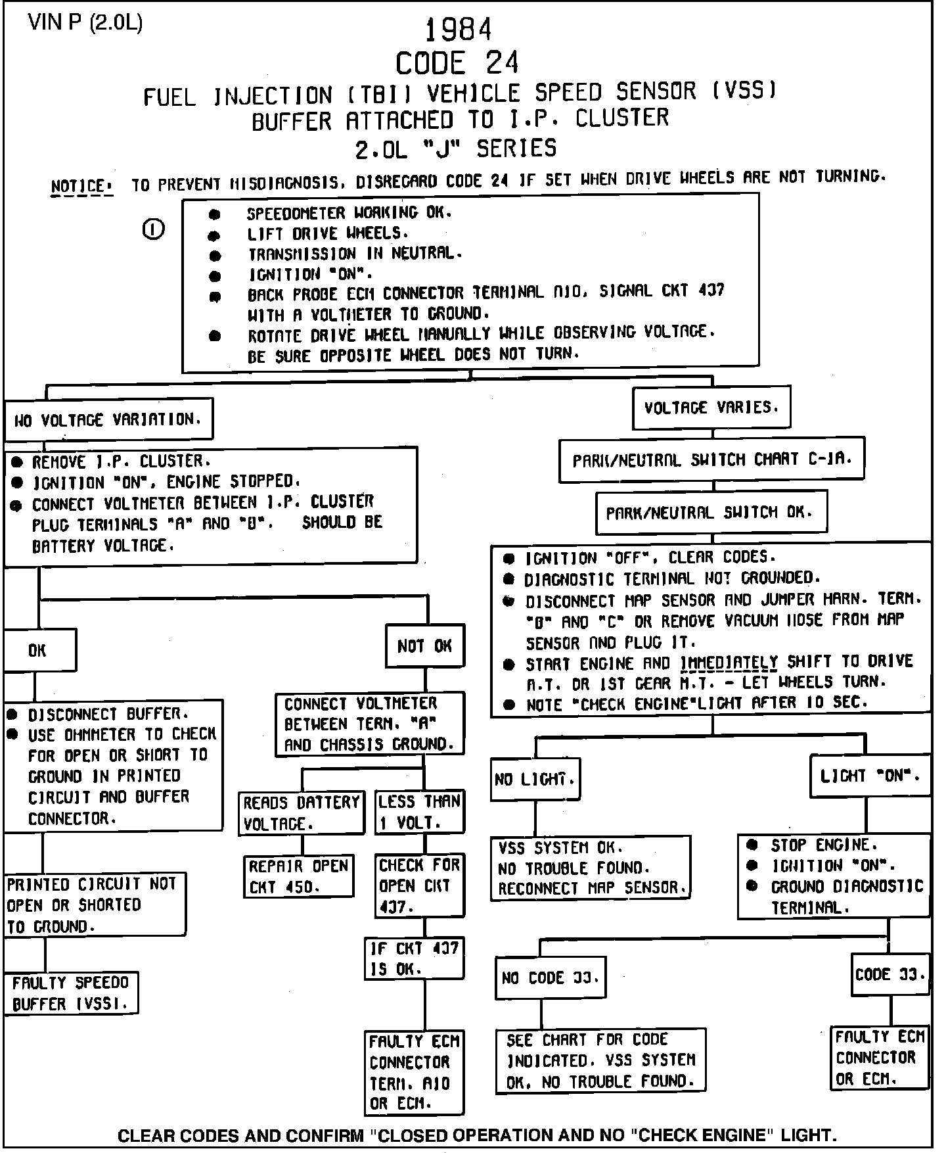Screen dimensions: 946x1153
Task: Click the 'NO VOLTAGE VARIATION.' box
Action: (x=108, y=419)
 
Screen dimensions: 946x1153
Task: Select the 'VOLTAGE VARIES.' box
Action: (x=711, y=408)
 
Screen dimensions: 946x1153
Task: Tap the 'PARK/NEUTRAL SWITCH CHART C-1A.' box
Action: (x=711, y=459)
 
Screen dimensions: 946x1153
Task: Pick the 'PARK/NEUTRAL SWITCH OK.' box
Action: (x=711, y=512)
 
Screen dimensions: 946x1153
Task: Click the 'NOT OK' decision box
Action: (x=424, y=646)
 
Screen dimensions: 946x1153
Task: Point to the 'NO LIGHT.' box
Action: (x=535, y=780)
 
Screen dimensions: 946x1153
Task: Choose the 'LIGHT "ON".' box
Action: (x=870, y=776)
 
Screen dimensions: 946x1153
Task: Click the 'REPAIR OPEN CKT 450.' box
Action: (x=298, y=876)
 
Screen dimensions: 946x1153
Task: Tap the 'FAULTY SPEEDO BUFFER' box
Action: (x=71, y=993)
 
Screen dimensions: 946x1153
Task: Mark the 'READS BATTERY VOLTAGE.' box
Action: (x=302, y=812)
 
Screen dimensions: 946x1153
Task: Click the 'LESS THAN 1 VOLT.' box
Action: (x=419, y=812)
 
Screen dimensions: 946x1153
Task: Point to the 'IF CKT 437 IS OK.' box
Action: (x=415, y=958)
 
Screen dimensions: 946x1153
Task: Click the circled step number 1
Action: (x=153, y=229)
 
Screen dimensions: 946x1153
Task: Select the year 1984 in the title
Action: (x=458, y=30)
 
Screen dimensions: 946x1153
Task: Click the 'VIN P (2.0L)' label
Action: (x=85, y=23)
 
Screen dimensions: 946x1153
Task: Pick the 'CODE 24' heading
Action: (x=457, y=63)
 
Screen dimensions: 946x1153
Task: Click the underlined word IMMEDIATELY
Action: (x=729, y=662)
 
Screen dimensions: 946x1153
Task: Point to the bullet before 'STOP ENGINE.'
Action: (x=753, y=845)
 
